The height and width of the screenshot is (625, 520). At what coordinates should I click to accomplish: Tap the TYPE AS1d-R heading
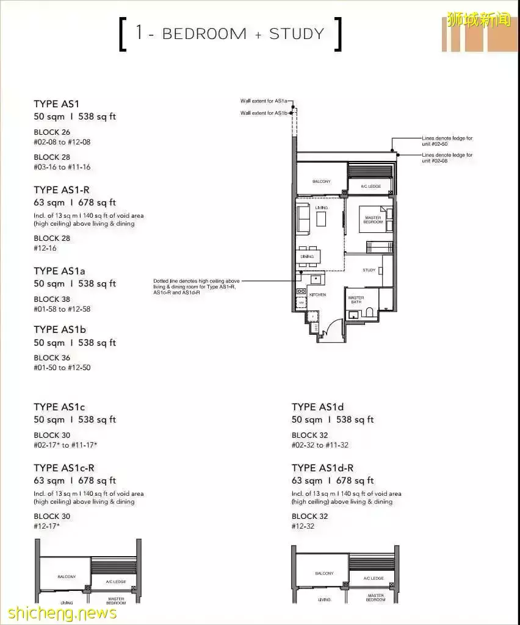pyautogui.click(x=322, y=468)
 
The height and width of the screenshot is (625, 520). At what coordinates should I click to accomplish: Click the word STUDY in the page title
pyautogui.click(x=297, y=34)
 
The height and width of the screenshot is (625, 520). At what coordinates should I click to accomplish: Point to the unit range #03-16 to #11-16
pyautogui.click(x=62, y=167)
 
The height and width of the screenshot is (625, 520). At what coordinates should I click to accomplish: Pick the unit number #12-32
pyautogui.click(x=303, y=526)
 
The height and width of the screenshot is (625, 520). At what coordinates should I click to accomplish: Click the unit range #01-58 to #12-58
pyautogui.click(x=62, y=309)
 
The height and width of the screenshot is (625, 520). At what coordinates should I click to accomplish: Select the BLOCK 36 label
pyautogui.click(x=52, y=358)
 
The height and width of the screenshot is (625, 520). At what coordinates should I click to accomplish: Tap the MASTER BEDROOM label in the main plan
pyautogui.click(x=374, y=220)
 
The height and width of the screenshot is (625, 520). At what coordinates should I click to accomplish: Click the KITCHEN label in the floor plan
pyautogui.click(x=317, y=295)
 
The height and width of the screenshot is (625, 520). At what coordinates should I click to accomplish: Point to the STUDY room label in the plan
pyautogui.click(x=369, y=270)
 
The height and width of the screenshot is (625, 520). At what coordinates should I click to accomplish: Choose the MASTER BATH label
pyautogui.click(x=356, y=301)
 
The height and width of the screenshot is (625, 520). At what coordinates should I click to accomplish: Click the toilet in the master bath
pyautogui.click(x=369, y=313)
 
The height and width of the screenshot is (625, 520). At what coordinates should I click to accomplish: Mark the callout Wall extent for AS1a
pyautogui.click(x=263, y=101)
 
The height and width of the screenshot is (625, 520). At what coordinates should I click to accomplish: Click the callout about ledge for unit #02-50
pyautogui.click(x=447, y=141)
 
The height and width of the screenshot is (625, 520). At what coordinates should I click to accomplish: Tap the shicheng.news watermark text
pyautogui.click(x=58, y=612)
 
